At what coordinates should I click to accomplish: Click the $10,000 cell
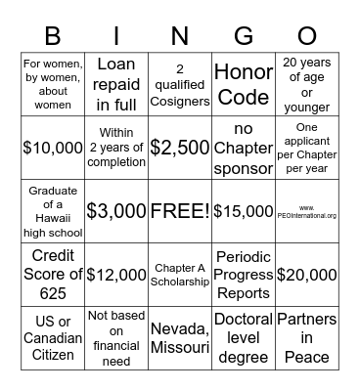point(54,148)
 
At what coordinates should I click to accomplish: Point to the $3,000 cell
point(115,210)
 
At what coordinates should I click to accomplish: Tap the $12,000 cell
point(115,274)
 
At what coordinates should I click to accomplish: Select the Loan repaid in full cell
point(115,85)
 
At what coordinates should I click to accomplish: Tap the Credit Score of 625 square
point(54,274)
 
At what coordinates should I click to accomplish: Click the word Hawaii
point(54,218)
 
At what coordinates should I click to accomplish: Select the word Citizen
point(54,354)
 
